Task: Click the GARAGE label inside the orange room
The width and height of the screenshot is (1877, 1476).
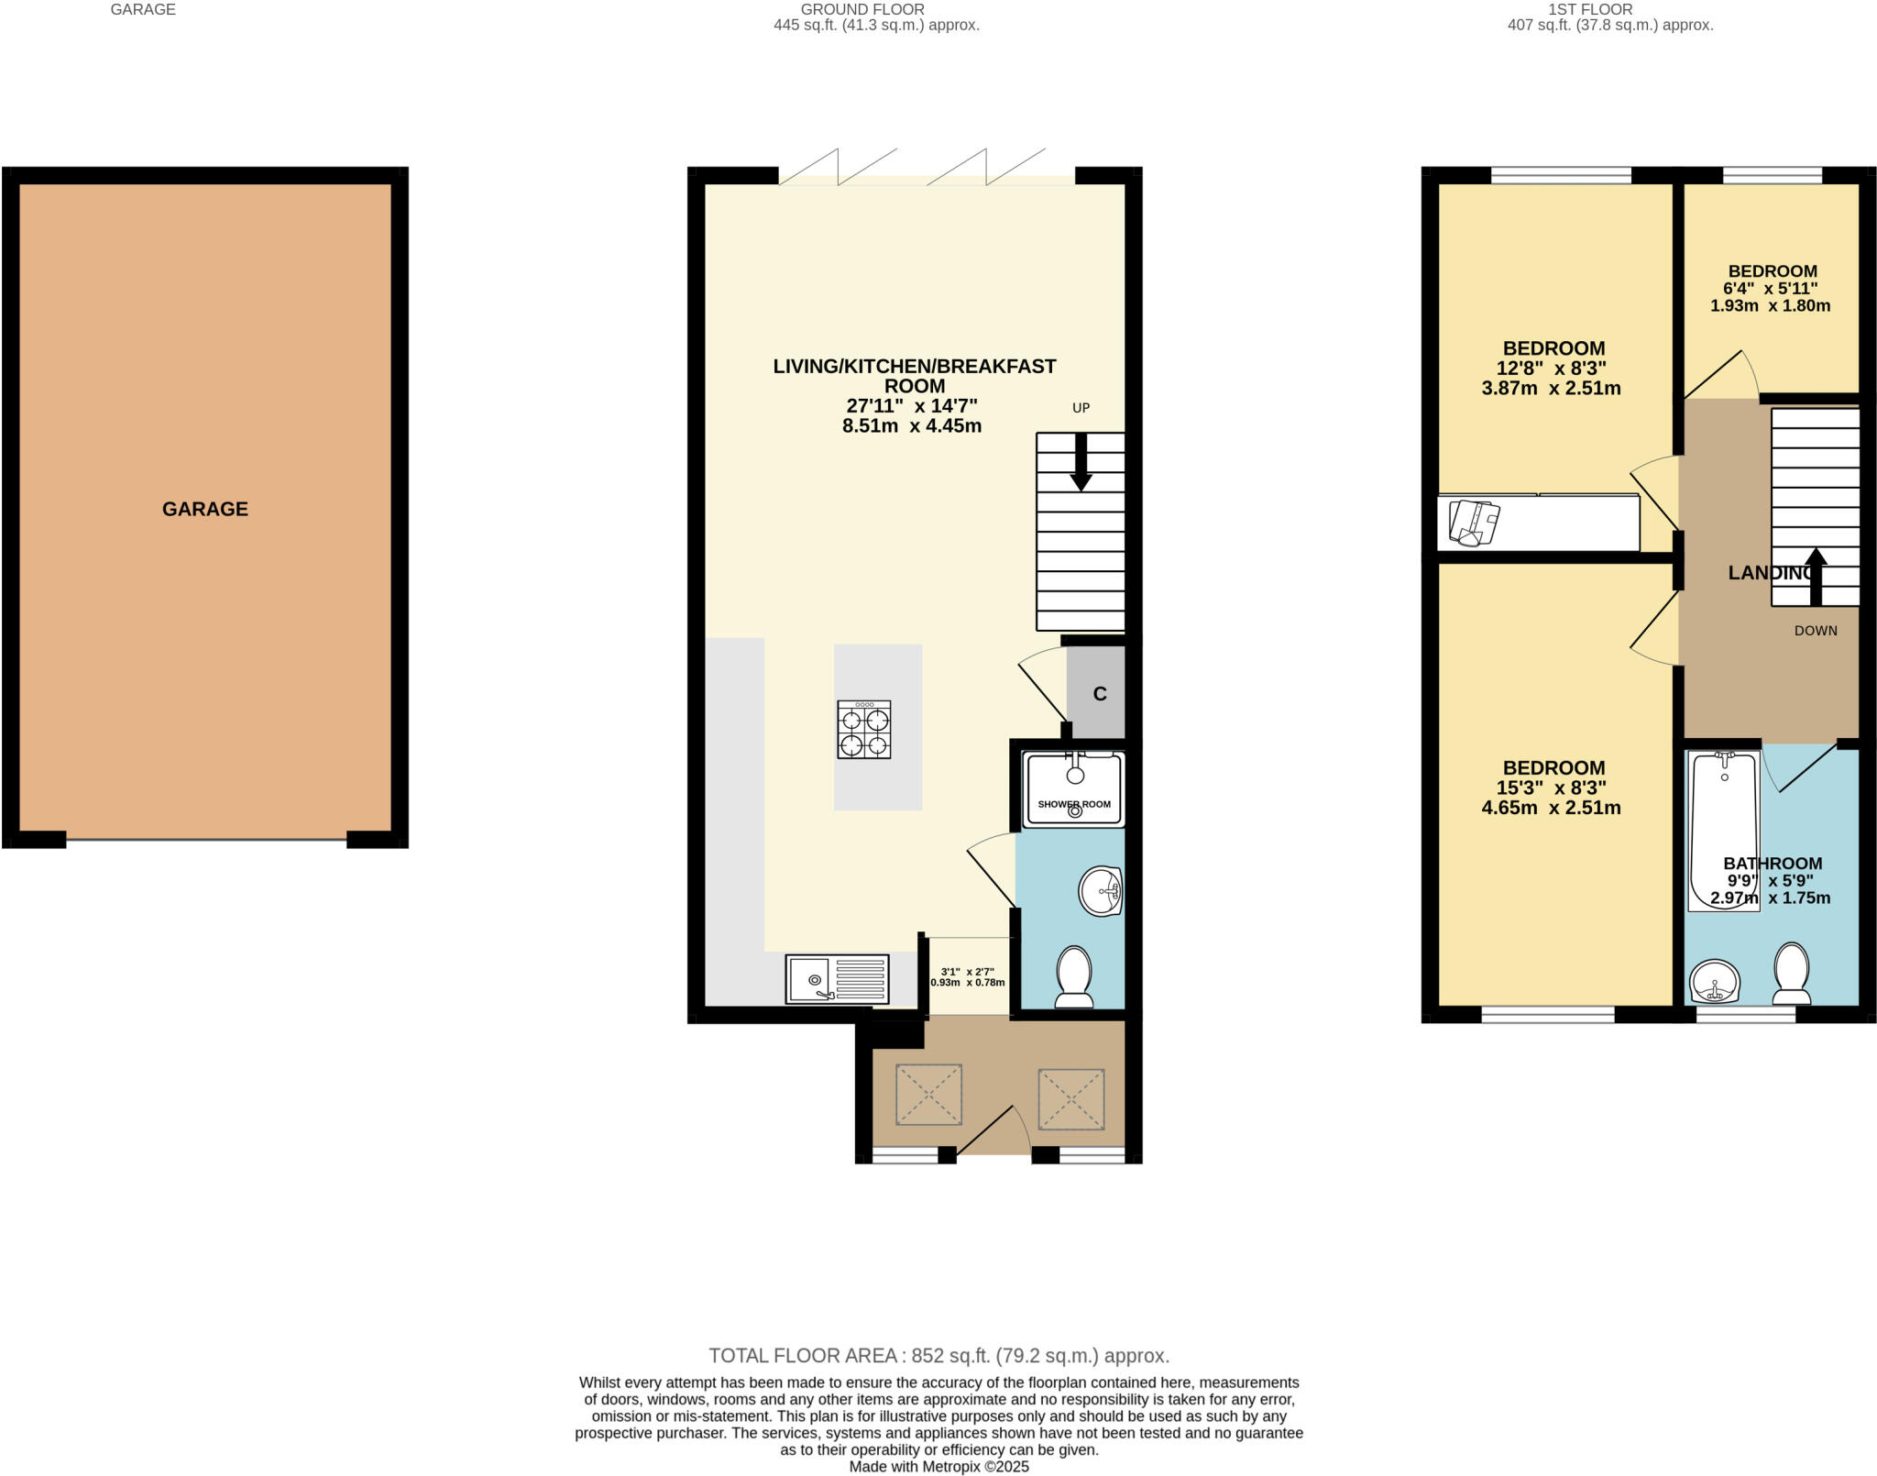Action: (204, 509)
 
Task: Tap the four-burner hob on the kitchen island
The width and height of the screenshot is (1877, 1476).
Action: (863, 729)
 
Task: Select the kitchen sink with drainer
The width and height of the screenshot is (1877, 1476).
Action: (837, 979)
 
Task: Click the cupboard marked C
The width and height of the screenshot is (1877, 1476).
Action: (1099, 694)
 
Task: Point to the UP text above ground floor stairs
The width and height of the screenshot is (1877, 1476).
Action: (1081, 408)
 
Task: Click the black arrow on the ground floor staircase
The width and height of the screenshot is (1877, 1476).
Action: (1081, 462)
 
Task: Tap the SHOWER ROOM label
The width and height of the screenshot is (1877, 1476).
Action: (1073, 804)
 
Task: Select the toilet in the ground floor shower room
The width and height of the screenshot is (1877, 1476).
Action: (1073, 975)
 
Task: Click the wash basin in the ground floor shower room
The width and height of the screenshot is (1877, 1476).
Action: (1100, 890)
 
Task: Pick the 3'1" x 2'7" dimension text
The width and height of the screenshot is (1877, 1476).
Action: (967, 973)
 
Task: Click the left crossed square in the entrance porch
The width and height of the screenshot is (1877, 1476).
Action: (928, 1094)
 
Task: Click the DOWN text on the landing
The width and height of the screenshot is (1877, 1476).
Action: (1815, 631)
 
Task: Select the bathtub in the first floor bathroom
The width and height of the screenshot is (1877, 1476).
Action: (1723, 830)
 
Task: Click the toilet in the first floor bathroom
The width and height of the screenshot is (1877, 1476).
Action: (1791, 974)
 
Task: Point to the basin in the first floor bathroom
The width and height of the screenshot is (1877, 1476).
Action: (1714, 982)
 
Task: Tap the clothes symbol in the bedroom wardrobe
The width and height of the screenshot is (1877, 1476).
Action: (1473, 523)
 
